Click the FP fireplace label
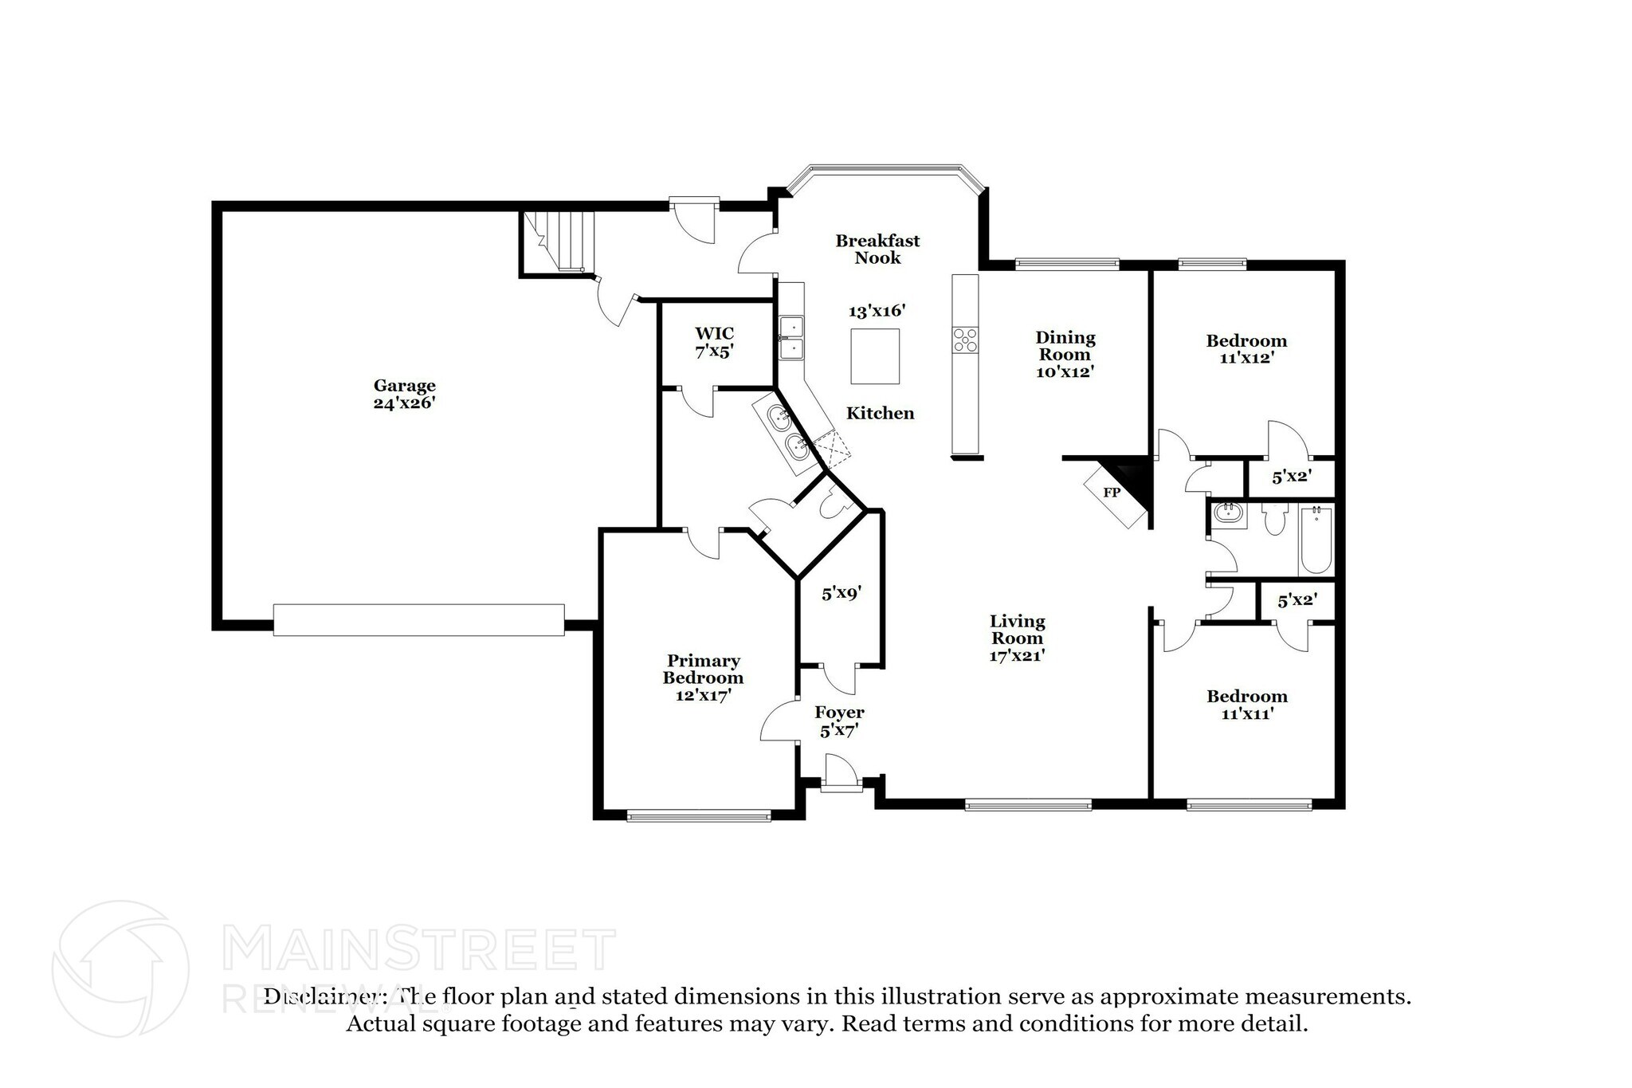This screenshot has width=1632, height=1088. click(1112, 493)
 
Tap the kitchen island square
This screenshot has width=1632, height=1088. click(875, 356)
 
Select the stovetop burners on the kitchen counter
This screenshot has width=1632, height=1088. click(966, 340)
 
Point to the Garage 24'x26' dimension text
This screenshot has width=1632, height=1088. click(405, 403)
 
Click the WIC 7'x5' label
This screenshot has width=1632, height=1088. click(714, 342)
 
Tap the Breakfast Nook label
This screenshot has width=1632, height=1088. click(877, 249)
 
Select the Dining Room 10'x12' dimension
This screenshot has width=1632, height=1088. click(1065, 371)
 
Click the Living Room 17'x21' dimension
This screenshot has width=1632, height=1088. click(1018, 655)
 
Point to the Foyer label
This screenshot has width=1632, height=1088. click(839, 713)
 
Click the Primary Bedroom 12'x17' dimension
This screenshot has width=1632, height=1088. click(703, 695)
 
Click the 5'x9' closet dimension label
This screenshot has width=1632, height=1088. click(841, 593)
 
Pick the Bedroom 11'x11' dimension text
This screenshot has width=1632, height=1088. click(1247, 713)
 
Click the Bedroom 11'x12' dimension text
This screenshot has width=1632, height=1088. click(1247, 358)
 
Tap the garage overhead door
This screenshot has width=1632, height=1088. click(419, 619)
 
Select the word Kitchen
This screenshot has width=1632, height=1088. click(881, 413)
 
